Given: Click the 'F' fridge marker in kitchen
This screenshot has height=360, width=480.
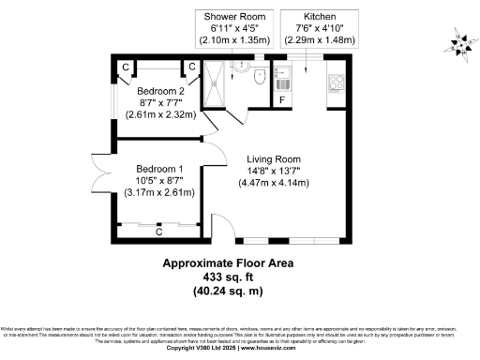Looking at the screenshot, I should [x=281, y=99].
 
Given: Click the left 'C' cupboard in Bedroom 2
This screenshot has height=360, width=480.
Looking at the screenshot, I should [x=125, y=67].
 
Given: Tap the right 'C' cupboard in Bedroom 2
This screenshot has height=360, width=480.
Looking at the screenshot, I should [x=191, y=67].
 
